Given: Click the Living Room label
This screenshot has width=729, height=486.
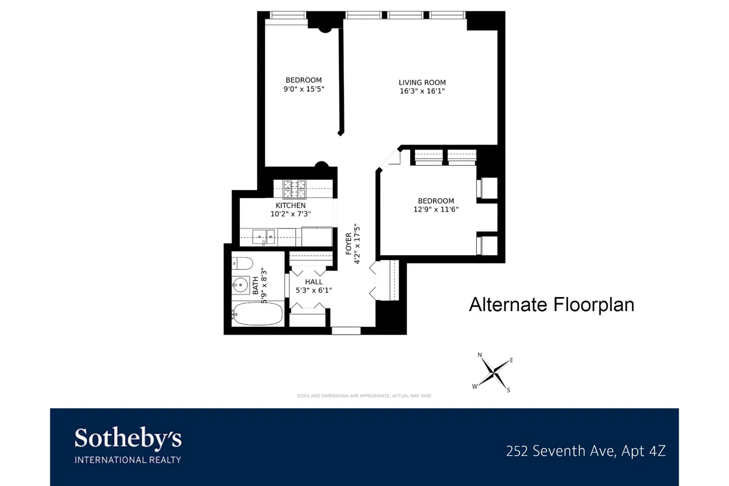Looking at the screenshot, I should pyautogui.click(x=422, y=83).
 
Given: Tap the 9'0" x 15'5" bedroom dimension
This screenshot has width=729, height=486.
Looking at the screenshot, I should pyautogui.click(x=304, y=89).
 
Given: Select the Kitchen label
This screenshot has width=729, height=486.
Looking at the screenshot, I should pyautogui.click(x=290, y=205).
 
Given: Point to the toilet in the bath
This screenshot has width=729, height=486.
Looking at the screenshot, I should pyautogui.click(x=242, y=263).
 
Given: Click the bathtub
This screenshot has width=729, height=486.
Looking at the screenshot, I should pyautogui.click(x=257, y=315).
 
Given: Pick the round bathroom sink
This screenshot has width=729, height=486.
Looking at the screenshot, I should pyautogui.click(x=241, y=284).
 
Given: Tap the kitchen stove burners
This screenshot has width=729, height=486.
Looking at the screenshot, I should pyautogui.click(x=295, y=189).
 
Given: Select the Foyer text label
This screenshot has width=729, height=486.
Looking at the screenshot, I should pyautogui.click(x=349, y=244).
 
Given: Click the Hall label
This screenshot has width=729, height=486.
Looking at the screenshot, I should pyautogui.click(x=313, y=282).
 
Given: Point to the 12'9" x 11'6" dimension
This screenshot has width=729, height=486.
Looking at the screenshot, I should pyautogui.click(x=435, y=210).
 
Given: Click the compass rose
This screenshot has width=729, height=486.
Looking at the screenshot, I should pyautogui.click(x=495, y=371).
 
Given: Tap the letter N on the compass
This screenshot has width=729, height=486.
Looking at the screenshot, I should pyautogui.click(x=479, y=355).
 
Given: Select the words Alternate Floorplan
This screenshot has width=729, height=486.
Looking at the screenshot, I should pyautogui.click(x=551, y=304).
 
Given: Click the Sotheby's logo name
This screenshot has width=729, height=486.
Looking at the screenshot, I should pyautogui.click(x=128, y=438).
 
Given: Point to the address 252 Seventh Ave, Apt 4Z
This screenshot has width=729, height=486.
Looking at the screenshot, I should pyautogui.click(x=586, y=451).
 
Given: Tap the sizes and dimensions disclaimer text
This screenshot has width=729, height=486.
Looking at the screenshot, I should pyautogui.click(x=364, y=395).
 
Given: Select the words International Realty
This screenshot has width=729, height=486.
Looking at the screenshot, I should pyautogui.click(x=128, y=460).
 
